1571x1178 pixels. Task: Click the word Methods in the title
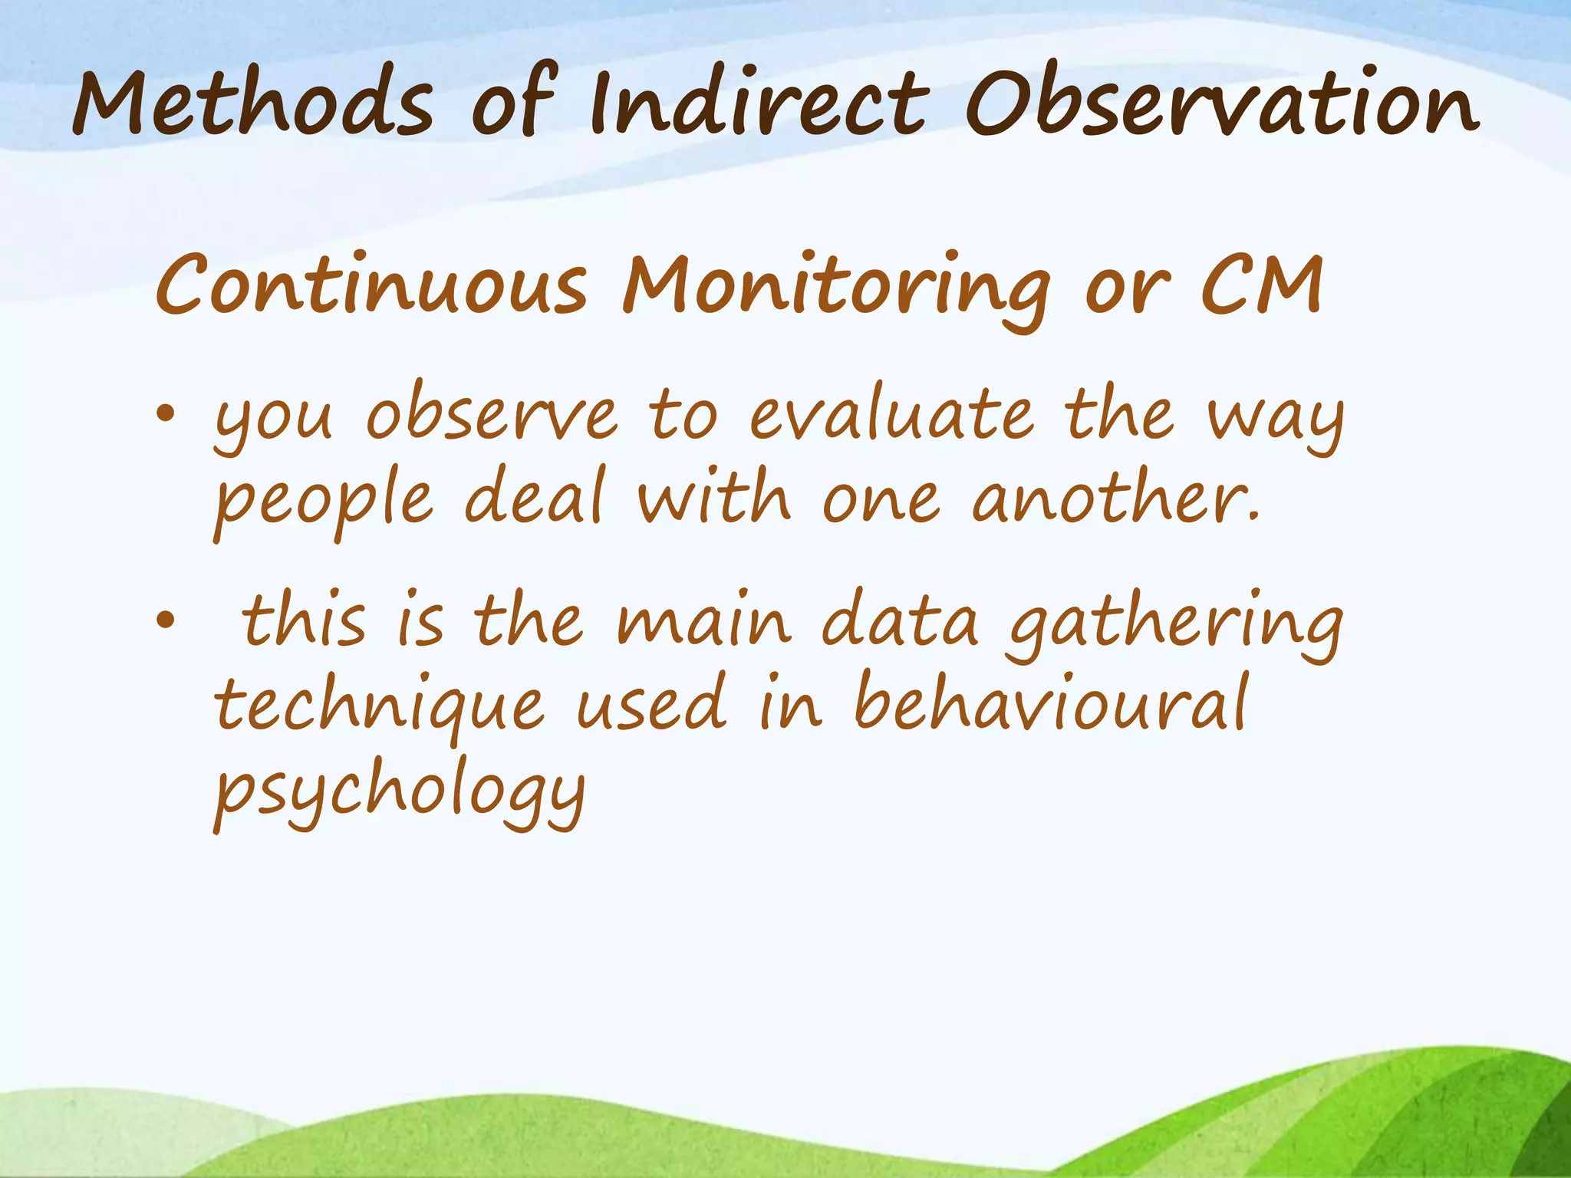253,104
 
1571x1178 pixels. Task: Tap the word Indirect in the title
759,104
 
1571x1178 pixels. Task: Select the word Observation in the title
1220,104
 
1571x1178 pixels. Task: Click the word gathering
1174,625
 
